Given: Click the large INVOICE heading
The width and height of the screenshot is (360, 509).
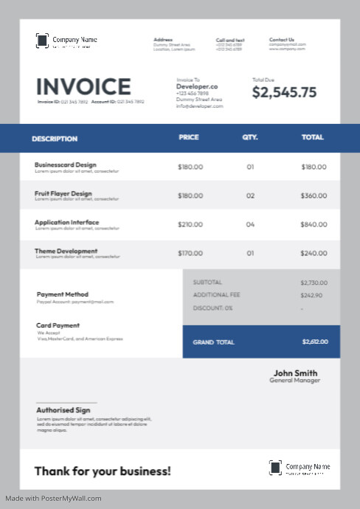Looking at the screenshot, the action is click(x=83, y=87).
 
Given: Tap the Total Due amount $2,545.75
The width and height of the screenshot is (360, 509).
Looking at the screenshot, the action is click(x=284, y=92).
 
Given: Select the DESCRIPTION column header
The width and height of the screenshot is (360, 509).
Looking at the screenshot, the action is click(x=55, y=138).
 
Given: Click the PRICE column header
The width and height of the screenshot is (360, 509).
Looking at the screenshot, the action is click(x=189, y=137).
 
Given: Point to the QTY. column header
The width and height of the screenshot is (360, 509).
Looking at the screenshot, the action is click(x=250, y=137).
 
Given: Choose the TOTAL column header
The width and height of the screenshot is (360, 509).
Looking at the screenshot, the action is click(x=312, y=137).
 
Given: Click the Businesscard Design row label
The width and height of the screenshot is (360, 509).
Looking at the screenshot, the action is click(x=66, y=165).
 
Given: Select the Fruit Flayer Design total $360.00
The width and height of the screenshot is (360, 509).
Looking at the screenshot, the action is click(x=314, y=195).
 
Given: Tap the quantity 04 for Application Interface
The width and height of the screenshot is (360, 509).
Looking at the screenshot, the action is click(x=250, y=224).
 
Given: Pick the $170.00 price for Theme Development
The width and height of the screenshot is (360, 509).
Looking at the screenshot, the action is click(x=190, y=253).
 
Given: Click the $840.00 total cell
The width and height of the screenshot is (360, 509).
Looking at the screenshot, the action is click(x=314, y=224).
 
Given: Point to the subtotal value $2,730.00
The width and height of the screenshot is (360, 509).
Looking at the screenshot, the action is click(x=313, y=283).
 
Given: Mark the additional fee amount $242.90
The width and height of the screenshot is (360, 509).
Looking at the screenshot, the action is click(x=311, y=295).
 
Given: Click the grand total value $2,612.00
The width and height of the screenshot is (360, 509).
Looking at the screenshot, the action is click(x=315, y=342).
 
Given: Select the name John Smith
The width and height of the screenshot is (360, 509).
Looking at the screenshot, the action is click(x=295, y=373).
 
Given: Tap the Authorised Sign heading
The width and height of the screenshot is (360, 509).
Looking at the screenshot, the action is click(x=63, y=410).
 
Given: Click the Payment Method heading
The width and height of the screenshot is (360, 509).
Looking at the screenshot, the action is click(x=63, y=294).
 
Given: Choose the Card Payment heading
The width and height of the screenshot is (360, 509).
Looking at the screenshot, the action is click(x=58, y=325).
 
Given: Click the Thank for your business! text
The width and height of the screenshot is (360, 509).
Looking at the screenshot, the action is click(x=103, y=471).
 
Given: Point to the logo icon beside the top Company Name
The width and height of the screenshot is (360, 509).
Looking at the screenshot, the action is click(x=43, y=41).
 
